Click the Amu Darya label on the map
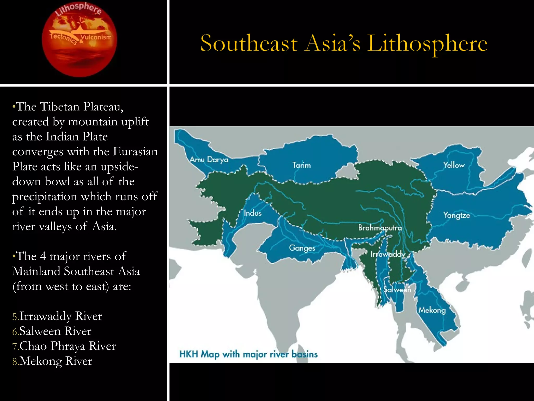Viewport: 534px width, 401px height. coord(209,160)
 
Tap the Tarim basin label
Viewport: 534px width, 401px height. coord(301,165)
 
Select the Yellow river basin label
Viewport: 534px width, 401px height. coord(454,165)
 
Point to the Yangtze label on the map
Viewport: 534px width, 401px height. coord(457,216)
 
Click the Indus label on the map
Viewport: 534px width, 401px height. coord(252,213)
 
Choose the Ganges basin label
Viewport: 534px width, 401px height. coord(302,248)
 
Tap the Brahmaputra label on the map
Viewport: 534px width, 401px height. coord(380,228)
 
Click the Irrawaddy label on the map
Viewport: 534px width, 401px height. coord(388,254)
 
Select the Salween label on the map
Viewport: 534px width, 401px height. coord(397,290)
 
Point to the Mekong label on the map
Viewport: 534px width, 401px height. coord(432,310)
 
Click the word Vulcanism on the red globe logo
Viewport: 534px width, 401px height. coord(96,37)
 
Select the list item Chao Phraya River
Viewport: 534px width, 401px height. coord(68,346)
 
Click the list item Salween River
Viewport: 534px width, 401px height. coord(55,331)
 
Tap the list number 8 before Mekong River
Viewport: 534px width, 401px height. coord(15,362)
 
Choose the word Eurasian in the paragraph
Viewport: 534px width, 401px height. coord(135,152)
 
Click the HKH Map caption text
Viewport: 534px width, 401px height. coord(248,354)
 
